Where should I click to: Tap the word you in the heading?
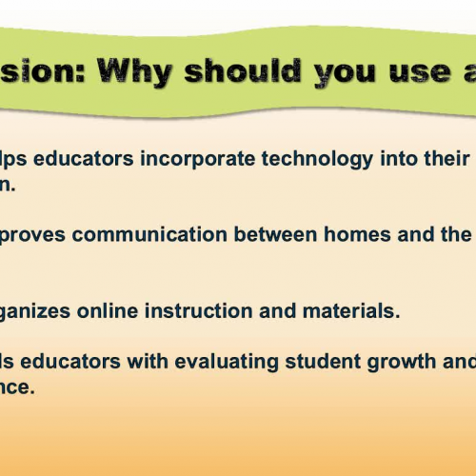[x=334, y=70]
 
